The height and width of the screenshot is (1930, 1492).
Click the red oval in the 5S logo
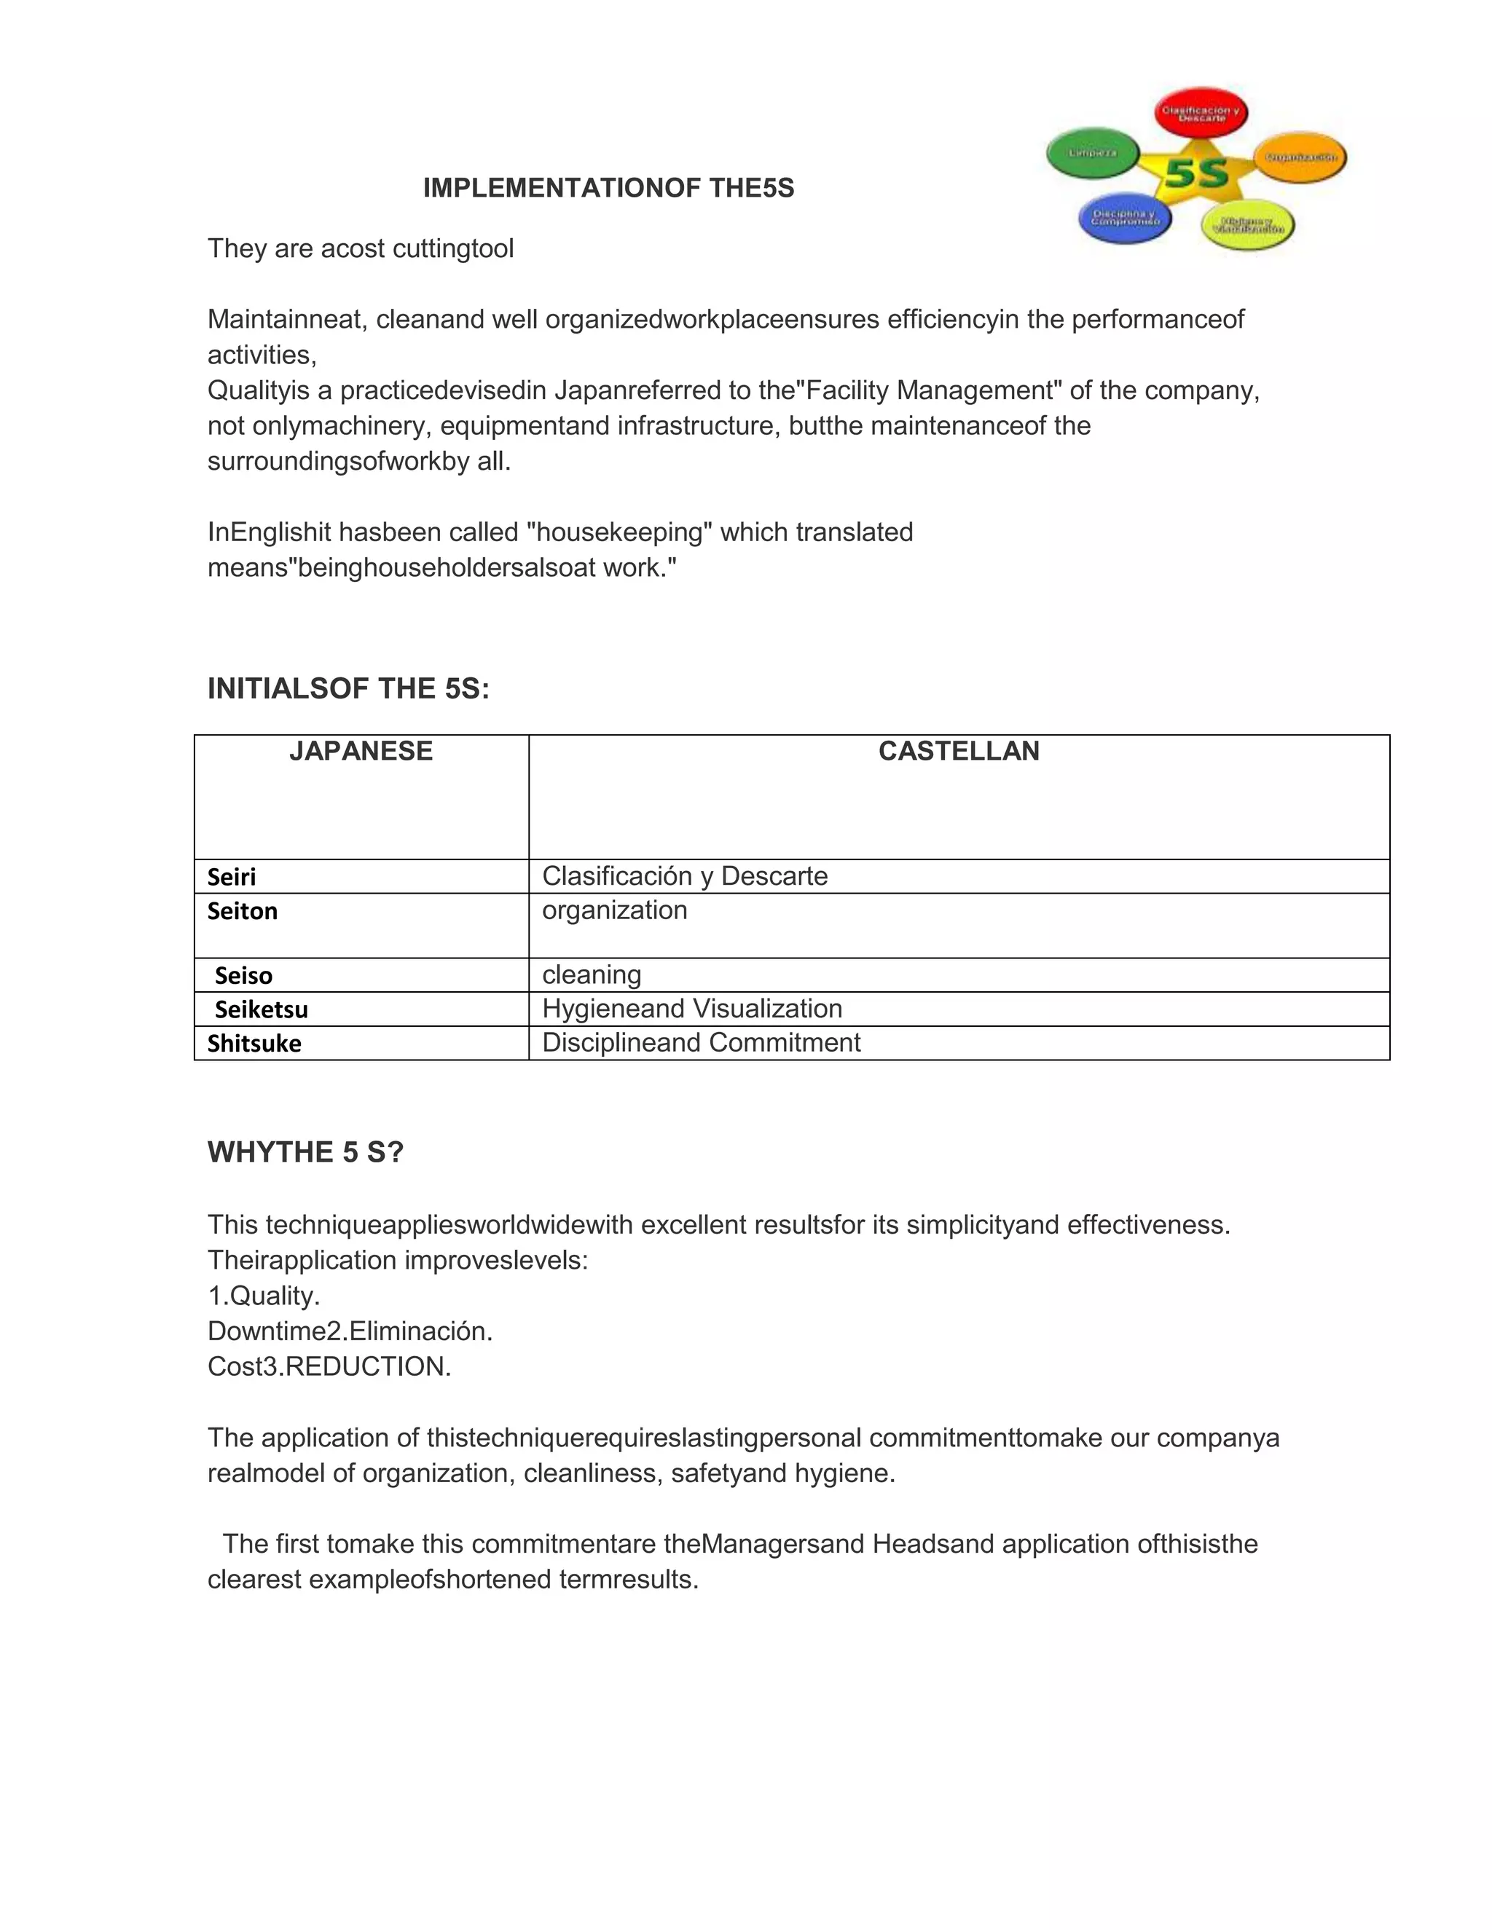[x=1201, y=113]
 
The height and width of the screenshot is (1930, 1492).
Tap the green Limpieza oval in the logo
[x=1093, y=153]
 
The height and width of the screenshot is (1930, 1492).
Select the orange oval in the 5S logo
[x=1300, y=157]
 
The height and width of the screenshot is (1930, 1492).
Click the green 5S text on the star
[x=1197, y=173]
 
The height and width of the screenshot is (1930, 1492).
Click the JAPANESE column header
[x=361, y=751]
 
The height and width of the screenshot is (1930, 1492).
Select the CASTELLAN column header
[x=958, y=751]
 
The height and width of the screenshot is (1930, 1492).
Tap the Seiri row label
[x=232, y=877]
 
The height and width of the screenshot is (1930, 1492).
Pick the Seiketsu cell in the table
[x=262, y=1009]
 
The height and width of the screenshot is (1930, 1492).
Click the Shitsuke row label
[x=254, y=1044]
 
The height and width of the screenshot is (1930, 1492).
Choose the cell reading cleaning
[x=592, y=974]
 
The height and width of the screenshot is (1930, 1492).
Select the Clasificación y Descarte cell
[x=685, y=875]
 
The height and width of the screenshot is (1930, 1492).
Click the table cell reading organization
[x=614, y=910]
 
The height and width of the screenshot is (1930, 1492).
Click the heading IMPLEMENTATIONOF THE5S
[x=608, y=188]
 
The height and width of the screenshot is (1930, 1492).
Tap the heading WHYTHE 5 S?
[x=305, y=1152]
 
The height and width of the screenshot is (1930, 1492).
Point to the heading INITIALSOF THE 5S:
[x=348, y=688]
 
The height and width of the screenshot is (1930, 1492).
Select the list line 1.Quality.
[x=264, y=1296]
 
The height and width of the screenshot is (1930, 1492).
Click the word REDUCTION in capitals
[x=368, y=1366]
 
